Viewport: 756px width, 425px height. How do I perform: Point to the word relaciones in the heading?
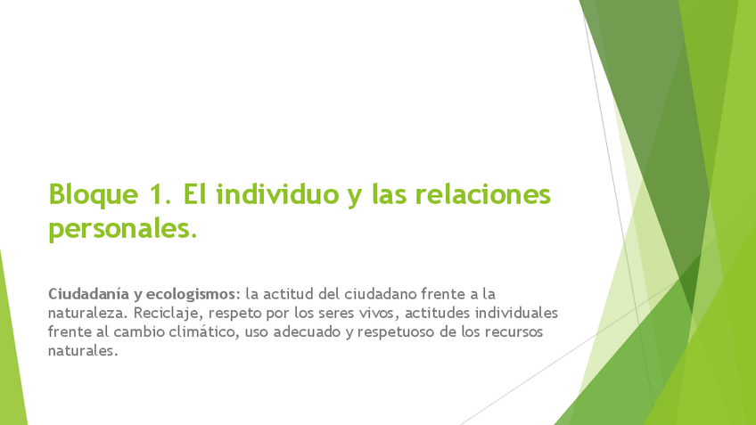point(482,194)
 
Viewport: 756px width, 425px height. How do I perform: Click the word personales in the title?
point(123,229)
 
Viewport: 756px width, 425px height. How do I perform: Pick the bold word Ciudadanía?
point(88,294)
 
